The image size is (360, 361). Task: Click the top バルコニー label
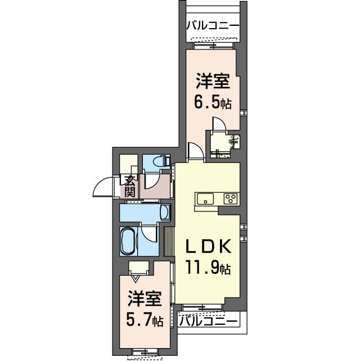pos(212,25)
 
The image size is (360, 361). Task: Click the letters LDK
pos(209,247)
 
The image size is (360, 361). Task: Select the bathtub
pos(128,241)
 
